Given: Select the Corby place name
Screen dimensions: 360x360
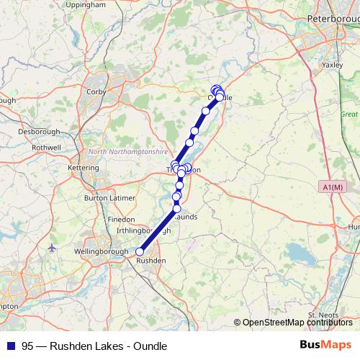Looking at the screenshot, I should [x=96, y=92].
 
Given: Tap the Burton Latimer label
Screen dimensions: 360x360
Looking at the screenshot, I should [x=105, y=197].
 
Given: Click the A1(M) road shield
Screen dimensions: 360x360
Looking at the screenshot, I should [x=333, y=187].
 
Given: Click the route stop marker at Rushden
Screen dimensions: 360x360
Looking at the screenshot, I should [x=140, y=251].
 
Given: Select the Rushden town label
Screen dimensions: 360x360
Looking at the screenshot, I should [x=151, y=260].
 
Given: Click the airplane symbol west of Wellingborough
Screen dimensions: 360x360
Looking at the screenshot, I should [x=52, y=248].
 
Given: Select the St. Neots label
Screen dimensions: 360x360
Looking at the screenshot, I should [x=322, y=315].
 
